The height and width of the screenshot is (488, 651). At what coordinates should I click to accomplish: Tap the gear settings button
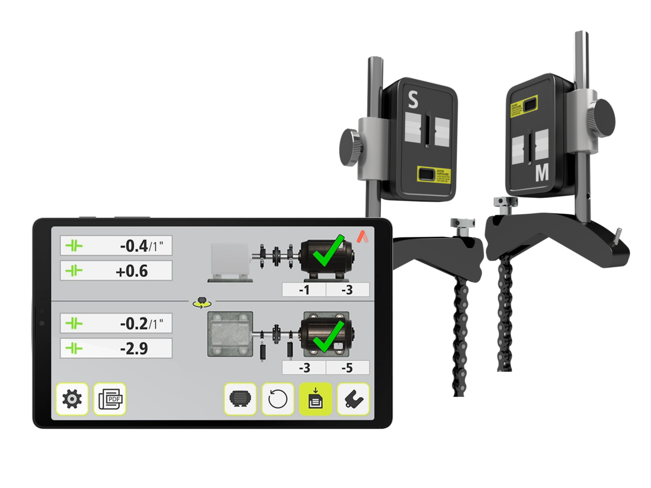[72, 399]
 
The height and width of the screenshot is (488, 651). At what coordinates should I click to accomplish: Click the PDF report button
[110, 399]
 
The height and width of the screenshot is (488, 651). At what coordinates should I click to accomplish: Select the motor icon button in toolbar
[240, 399]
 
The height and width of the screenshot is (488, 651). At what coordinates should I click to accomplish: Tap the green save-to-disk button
[315, 399]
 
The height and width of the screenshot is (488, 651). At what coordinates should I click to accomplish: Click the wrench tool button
[353, 399]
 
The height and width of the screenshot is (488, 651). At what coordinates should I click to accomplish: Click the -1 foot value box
[304, 290]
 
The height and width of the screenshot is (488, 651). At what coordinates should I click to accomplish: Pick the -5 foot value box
[347, 368]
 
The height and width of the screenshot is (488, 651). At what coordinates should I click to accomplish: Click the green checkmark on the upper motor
[329, 251]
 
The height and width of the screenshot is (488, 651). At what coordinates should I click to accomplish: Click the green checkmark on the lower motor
[329, 337]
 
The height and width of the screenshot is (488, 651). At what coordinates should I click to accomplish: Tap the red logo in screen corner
[363, 236]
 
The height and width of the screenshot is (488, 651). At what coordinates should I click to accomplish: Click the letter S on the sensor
[413, 100]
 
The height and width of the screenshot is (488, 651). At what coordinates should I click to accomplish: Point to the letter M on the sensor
[542, 173]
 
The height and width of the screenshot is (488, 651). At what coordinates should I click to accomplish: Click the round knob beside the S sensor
[351, 147]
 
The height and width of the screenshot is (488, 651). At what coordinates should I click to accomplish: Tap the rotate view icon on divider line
[202, 302]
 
